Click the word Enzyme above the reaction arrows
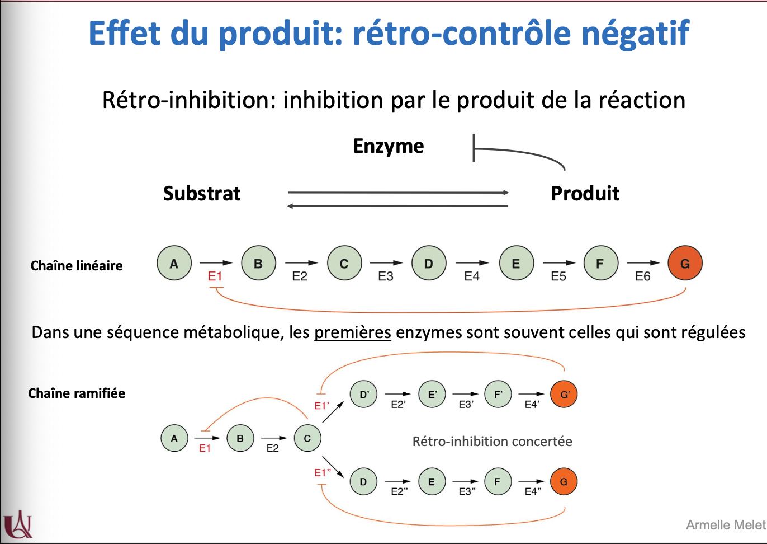tap(389, 146)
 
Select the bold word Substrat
tap(202, 194)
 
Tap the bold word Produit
tap(585, 194)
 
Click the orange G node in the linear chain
tap(685, 263)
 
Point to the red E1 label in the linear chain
tap(215, 276)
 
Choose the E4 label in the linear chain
tap(472, 276)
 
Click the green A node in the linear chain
tap(174, 263)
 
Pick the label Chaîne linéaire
tap(77, 266)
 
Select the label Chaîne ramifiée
tap(77, 393)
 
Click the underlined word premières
tap(353, 332)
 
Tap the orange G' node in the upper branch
tap(564, 395)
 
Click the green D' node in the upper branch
tap(364, 395)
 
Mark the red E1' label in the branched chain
tap(321, 406)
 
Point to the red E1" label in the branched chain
tap(323, 473)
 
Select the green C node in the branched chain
tap(307, 438)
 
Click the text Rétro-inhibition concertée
tap(492, 442)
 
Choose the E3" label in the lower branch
tap(467, 491)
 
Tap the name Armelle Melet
tap(726, 525)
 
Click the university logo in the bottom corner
tap(18, 524)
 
